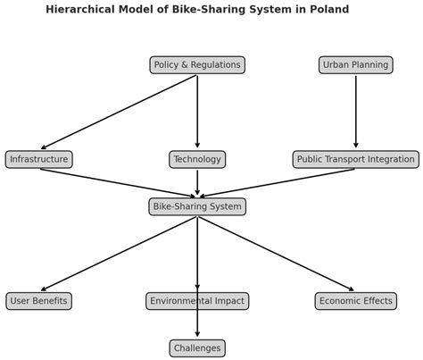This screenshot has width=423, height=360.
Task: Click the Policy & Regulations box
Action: click(197, 65)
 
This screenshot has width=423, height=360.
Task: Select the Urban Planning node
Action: click(355, 65)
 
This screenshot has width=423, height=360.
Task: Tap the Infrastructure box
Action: click(38, 160)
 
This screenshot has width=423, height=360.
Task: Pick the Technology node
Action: click(197, 160)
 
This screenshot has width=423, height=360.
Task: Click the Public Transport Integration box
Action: click(355, 160)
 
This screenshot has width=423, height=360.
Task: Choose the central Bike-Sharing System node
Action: click(197, 207)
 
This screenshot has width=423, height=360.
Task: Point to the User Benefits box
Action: click(38, 301)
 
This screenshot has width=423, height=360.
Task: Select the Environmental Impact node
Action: click(197, 301)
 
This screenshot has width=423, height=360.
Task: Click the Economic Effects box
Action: click(355, 301)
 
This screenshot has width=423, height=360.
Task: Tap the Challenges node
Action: click(197, 348)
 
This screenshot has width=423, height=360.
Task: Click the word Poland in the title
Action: click(328, 10)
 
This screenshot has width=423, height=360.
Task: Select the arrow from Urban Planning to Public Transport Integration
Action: click(355, 112)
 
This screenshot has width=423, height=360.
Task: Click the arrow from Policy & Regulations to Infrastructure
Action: click(119, 113)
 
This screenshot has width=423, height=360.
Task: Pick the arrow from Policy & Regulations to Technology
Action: click(197, 112)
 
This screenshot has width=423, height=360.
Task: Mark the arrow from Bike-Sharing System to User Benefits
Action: click(119, 254)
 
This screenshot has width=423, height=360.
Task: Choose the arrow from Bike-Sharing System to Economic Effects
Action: click(276, 254)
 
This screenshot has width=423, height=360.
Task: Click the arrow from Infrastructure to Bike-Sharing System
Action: click(119, 182)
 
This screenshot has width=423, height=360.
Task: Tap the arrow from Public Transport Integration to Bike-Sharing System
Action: click(276, 182)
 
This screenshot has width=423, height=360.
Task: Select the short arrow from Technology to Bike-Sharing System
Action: click(197, 182)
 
